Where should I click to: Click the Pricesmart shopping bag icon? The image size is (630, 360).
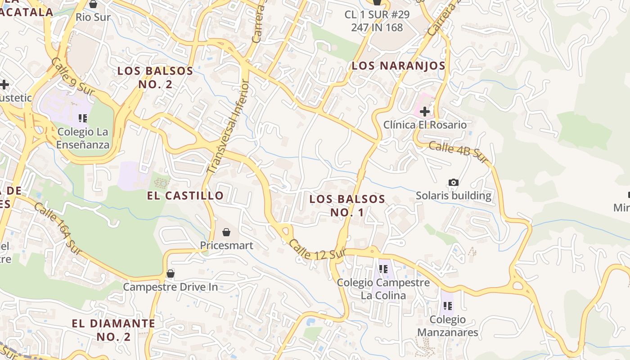click(226, 232)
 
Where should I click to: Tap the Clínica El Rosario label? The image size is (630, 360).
click(425, 125)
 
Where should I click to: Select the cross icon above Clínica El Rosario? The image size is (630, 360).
click(424, 111)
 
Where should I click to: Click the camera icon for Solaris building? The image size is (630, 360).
click(454, 182)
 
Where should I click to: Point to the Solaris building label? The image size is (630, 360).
click(453, 196)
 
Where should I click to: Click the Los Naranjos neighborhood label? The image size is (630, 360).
click(398, 66)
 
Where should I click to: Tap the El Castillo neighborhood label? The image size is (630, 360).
click(185, 195)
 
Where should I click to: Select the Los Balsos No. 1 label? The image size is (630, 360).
click(347, 205)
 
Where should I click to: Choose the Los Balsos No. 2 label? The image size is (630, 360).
click(155, 77)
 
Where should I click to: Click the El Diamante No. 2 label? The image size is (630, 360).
click(113, 330)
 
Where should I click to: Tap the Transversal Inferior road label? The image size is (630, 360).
click(228, 127)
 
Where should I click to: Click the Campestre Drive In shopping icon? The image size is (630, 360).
click(171, 274)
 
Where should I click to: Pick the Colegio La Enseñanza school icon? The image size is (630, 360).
click(82, 118)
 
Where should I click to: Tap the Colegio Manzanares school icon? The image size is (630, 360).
click(447, 306)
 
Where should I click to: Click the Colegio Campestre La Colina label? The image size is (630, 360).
click(383, 289)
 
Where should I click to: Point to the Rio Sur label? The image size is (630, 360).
click(93, 17)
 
